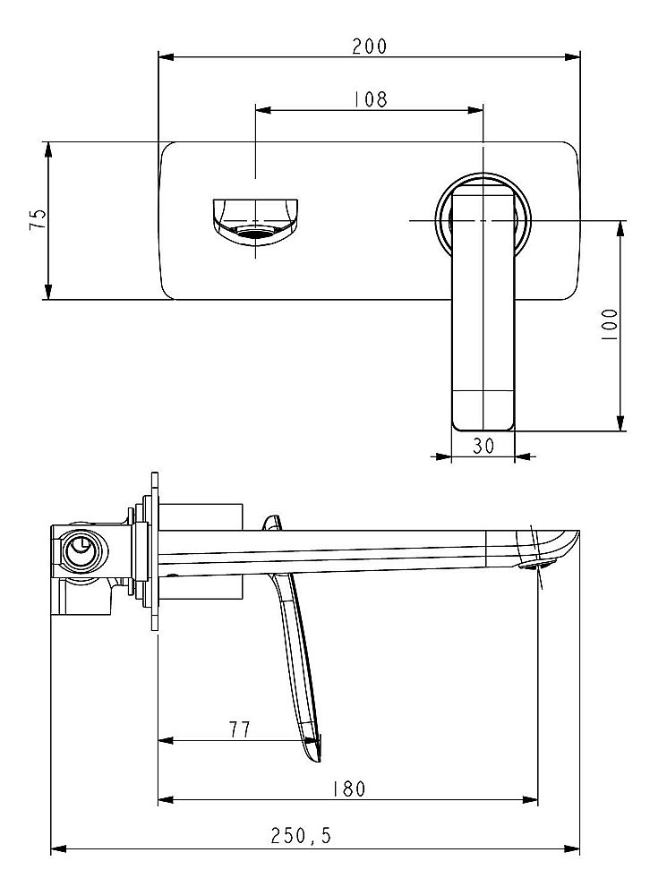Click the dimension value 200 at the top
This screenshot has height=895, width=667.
[x=369, y=47]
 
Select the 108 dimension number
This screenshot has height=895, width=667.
[x=369, y=99]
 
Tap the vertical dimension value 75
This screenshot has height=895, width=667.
[x=38, y=219]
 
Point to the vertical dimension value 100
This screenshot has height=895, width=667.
[x=610, y=324]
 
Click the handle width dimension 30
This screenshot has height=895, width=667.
[x=483, y=447]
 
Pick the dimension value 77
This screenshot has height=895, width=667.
[x=238, y=729]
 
